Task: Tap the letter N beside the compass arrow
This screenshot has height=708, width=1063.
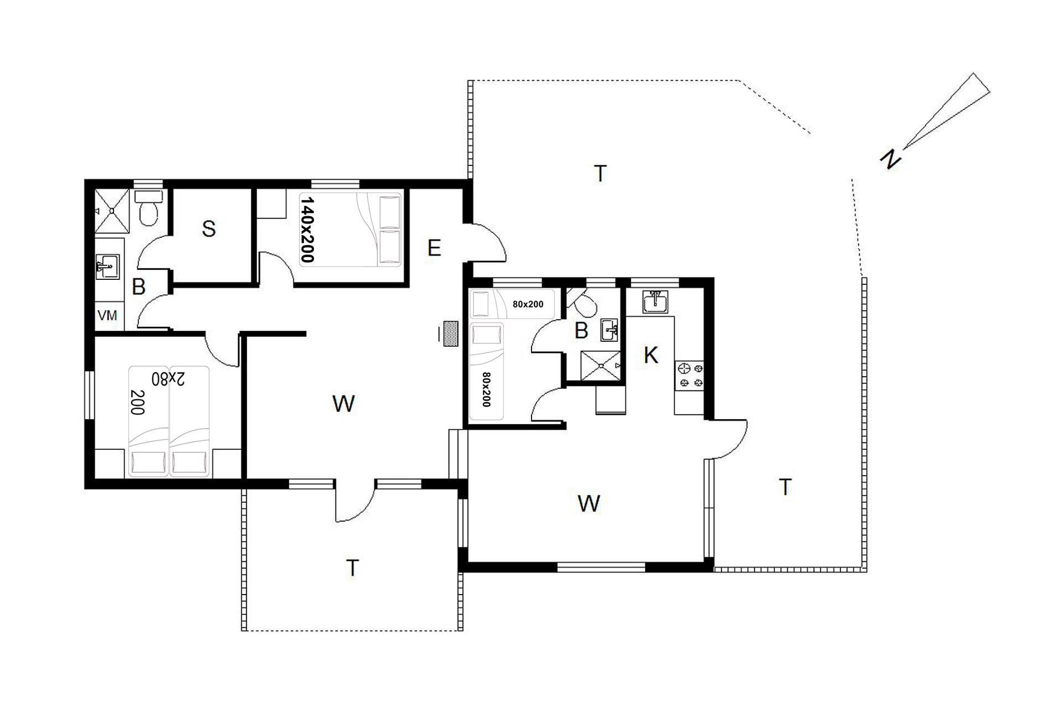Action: point(891,159)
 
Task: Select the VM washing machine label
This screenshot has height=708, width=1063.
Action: point(107,315)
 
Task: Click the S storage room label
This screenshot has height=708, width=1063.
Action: point(209,228)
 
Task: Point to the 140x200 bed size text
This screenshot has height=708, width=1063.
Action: point(307,230)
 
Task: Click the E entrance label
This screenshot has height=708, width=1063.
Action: point(435,248)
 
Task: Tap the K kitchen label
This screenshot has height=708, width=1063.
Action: point(651,355)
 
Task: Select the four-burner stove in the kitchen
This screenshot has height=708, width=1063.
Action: point(690,374)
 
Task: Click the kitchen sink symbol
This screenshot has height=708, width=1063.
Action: point(656,302)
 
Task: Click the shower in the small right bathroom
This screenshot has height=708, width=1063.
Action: point(601,365)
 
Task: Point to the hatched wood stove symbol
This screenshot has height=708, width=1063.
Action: point(451,334)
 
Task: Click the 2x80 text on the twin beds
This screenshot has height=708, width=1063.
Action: point(169,379)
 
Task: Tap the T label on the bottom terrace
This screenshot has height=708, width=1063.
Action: point(353,568)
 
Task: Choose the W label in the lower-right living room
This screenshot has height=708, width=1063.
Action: point(589,504)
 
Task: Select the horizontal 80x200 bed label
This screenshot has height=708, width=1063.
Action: point(528,304)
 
